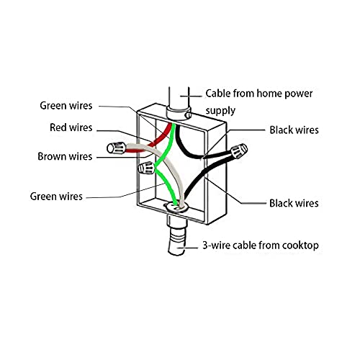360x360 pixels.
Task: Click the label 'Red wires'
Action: pos(71,127)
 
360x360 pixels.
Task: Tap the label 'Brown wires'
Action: pos(65,156)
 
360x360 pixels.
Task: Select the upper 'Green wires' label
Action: pos(66,106)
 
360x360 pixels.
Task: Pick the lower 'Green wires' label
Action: pos(56,197)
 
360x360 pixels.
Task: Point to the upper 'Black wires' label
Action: pos(294,130)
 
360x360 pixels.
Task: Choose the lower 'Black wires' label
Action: pos(294,203)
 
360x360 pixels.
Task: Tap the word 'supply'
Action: pos(220,111)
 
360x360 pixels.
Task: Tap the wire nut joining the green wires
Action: pos(146,168)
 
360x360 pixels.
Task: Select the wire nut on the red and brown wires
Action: pos(117,148)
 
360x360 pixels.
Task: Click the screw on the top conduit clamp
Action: pos(189,115)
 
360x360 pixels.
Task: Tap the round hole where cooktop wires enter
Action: pos(176,207)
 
